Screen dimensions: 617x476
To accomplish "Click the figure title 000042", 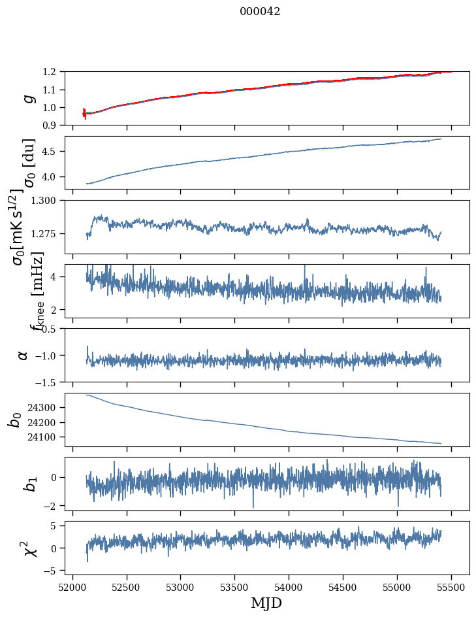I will (260, 12).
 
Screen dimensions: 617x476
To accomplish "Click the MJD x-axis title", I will (266, 603).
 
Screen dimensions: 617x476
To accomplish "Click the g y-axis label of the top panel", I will (27, 98).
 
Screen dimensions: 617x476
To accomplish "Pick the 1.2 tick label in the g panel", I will (53, 72).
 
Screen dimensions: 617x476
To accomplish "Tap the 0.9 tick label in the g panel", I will (53, 125).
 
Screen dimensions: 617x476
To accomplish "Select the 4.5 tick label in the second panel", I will (53, 152).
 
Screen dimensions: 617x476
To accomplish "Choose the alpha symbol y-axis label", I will (23, 355).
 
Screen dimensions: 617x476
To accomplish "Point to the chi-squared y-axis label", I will (29, 548).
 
